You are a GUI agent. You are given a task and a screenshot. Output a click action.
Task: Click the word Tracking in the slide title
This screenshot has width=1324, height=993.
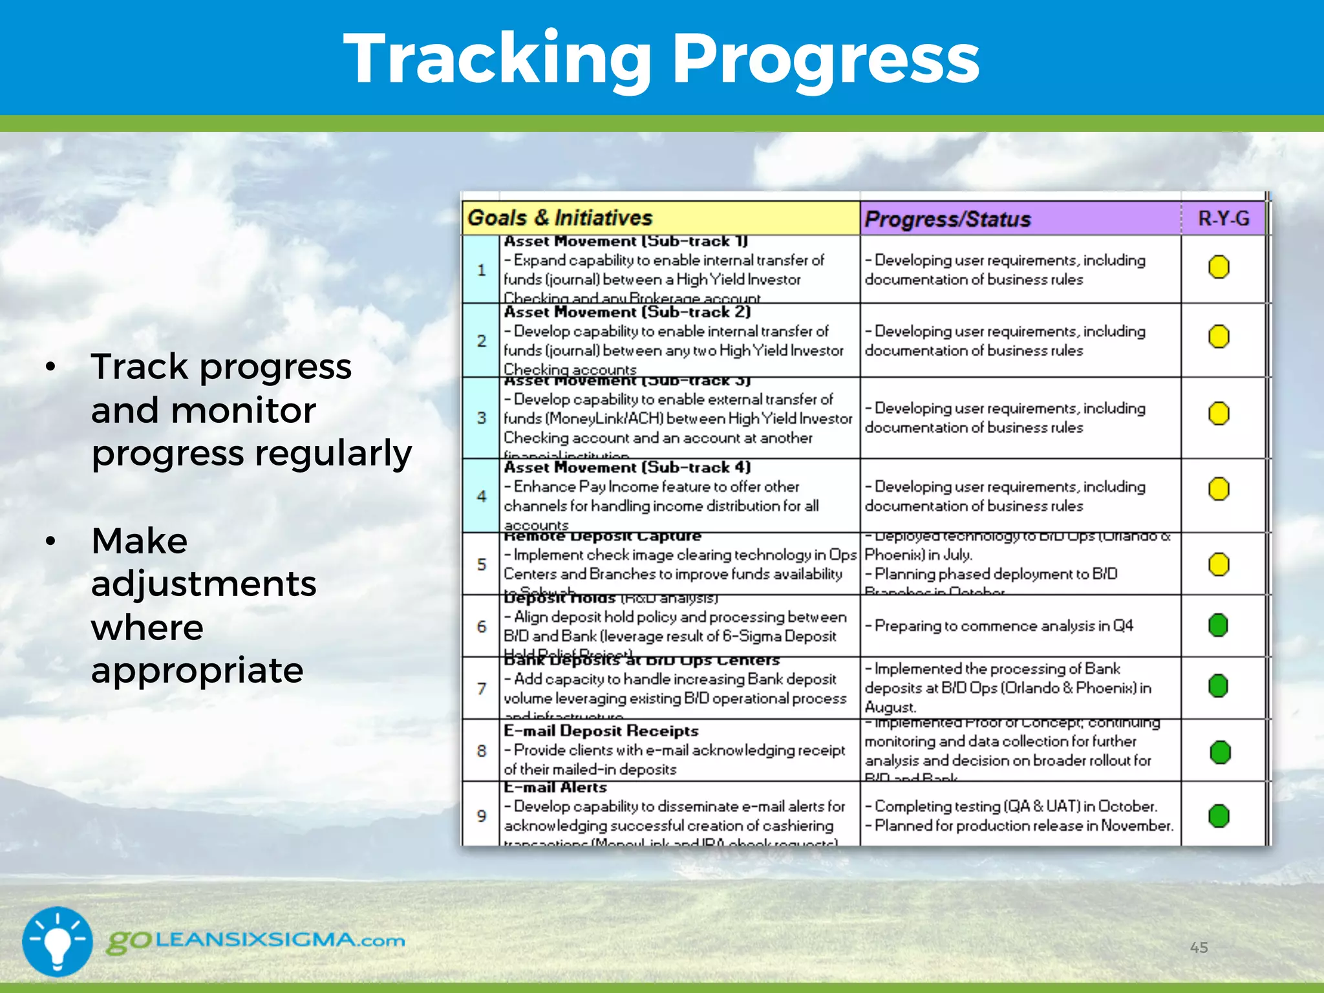(x=498, y=59)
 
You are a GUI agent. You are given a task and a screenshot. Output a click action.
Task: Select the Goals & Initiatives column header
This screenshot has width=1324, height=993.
(x=560, y=218)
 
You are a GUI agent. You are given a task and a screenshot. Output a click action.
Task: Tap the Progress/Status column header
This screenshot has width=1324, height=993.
(x=947, y=219)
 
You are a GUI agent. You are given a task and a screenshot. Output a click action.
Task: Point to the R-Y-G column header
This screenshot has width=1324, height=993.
(x=1223, y=219)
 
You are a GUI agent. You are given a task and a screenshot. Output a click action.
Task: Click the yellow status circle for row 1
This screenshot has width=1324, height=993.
(x=1219, y=267)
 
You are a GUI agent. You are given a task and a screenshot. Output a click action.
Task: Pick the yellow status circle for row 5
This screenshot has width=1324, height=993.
(x=1219, y=564)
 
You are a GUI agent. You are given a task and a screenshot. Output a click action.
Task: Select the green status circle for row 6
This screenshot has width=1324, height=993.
(x=1218, y=625)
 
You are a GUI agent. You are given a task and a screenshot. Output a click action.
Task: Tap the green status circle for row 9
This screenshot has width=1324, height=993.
(x=1219, y=816)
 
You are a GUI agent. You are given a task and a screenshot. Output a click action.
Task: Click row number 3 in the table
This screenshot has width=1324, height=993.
(x=482, y=418)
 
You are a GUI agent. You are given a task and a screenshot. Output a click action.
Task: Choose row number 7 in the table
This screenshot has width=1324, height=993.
(x=482, y=689)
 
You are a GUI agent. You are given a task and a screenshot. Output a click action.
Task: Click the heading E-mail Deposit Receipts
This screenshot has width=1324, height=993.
(x=601, y=731)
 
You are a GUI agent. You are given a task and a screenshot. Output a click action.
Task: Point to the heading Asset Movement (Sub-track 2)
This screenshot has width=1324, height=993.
(x=627, y=312)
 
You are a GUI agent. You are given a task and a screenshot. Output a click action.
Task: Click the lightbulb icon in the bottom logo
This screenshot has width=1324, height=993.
(x=58, y=941)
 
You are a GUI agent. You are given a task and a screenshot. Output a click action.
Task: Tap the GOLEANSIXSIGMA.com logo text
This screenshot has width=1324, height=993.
(x=256, y=941)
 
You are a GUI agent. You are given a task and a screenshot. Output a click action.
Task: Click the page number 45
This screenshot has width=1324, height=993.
(x=1199, y=948)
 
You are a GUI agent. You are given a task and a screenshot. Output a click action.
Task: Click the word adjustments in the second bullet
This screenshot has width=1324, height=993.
(x=204, y=584)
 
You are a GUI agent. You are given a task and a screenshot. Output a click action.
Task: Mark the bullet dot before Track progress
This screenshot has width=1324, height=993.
(x=50, y=367)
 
